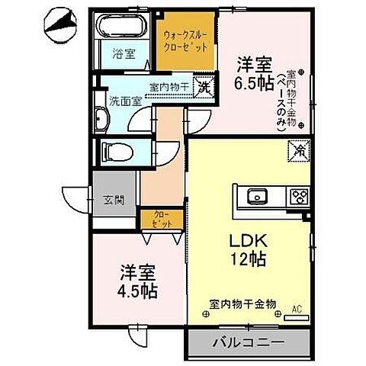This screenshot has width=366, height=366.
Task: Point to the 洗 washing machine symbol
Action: [x=204, y=88]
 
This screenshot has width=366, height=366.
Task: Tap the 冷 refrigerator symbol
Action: [x=299, y=152]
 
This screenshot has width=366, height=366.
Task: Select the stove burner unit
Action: [x=296, y=197]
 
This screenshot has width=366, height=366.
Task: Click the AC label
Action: [x=297, y=310]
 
